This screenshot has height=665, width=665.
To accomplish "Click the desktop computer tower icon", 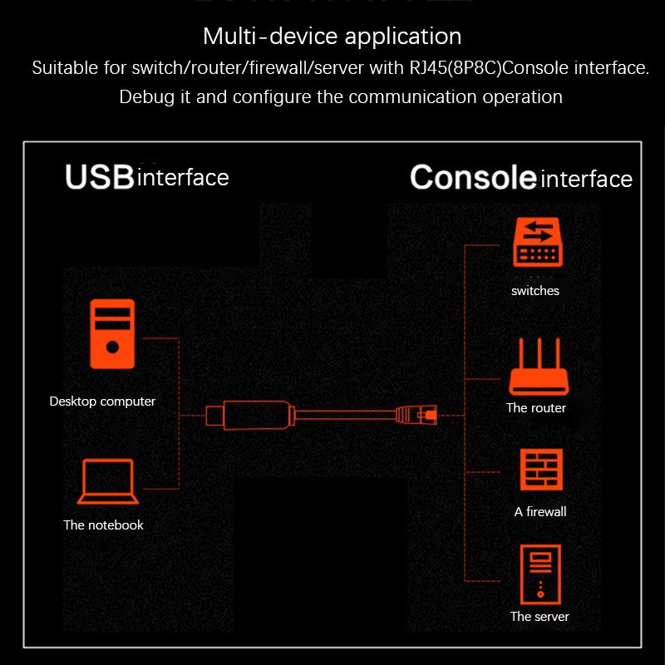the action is (112, 334).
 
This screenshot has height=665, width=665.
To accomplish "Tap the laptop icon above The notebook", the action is (108, 481).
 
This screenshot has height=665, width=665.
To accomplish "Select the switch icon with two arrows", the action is (538, 242).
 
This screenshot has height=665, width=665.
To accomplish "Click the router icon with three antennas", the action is (539, 367).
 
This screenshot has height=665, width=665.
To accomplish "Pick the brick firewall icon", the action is (542, 470).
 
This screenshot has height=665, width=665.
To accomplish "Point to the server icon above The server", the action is (540, 574).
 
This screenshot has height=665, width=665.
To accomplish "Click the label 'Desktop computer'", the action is (102, 401).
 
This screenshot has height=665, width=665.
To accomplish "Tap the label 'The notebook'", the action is (103, 525).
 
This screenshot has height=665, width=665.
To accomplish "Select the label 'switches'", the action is (535, 291).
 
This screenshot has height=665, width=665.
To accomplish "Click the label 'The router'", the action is (536, 408).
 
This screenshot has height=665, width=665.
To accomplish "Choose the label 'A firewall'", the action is (540, 512).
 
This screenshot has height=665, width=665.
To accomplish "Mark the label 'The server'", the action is (539, 617).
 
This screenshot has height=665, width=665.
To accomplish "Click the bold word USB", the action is (100, 177).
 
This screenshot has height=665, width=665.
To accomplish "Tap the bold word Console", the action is (473, 177).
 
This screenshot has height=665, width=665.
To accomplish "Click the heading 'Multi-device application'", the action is (332, 36).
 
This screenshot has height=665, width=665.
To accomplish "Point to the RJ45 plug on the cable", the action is (416, 415).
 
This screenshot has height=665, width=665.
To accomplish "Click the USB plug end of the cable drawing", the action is (215, 416).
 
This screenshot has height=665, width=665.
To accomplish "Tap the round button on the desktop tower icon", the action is (112, 347).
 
